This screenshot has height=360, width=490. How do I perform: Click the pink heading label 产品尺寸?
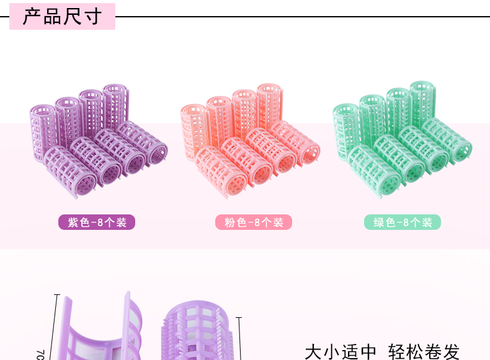62,16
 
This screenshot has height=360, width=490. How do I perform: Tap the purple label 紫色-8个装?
97,222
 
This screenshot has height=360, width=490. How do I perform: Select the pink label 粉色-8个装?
254,222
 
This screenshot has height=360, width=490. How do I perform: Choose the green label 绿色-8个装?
403,222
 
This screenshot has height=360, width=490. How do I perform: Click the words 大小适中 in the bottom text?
341,351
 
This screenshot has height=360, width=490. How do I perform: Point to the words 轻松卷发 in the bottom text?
424,351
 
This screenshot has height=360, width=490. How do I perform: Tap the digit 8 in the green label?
405,222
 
